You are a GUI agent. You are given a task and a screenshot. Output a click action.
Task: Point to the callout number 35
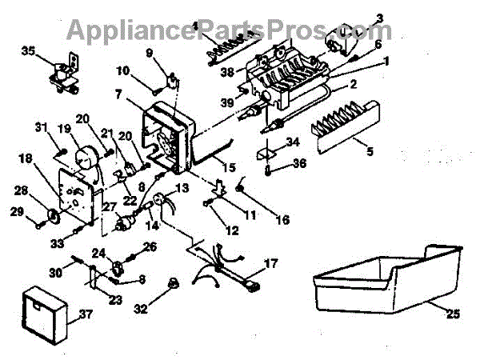point(28,51)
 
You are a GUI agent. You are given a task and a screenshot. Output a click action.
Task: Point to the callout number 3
point(379,17)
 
